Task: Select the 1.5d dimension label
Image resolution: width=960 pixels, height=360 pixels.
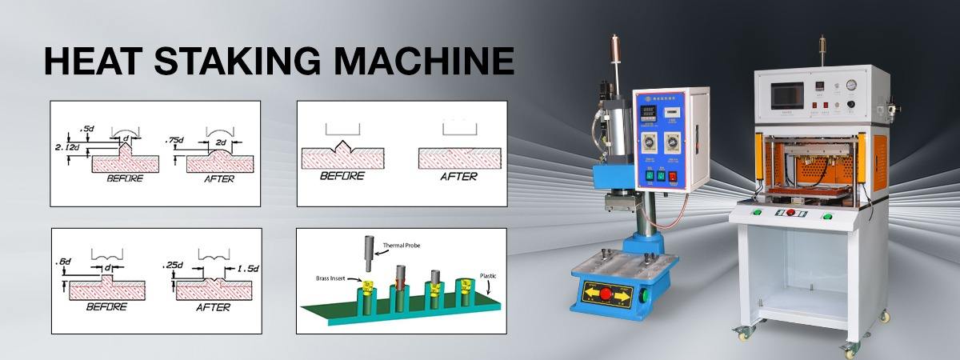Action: coord(245,269)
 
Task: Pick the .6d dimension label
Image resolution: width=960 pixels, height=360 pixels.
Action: coord(64,262)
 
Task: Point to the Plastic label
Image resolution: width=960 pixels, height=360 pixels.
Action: coord(488,275)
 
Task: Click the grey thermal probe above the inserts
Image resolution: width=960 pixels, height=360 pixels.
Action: coord(368,254)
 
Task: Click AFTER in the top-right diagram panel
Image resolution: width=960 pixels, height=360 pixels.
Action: coord(458,176)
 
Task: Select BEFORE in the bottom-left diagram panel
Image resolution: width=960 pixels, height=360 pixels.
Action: coord(107,306)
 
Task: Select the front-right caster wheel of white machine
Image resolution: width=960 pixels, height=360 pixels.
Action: coord(847,350)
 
